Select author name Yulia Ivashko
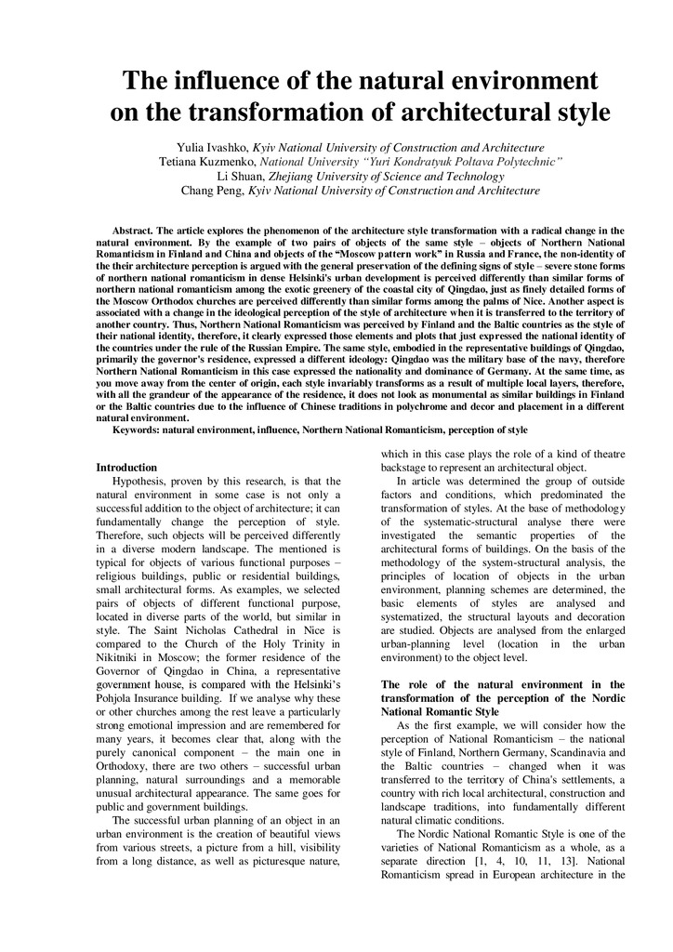213,148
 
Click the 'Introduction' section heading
126,467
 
